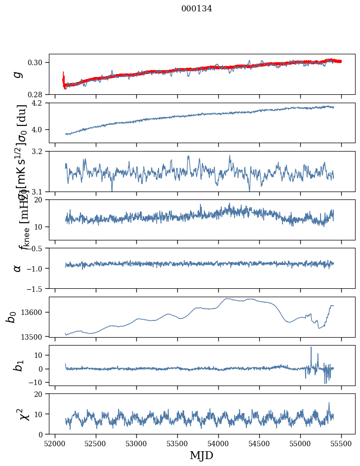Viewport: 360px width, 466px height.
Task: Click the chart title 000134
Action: (x=197, y=8)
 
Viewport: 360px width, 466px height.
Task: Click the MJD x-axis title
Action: (x=201, y=455)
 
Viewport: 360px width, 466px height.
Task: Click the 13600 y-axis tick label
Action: (x=34, y=312)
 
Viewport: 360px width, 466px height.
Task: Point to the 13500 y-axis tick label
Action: (x=34, y=337)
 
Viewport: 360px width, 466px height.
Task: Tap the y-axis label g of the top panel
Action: (x=18, y=74)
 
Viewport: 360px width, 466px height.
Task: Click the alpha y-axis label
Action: (x=18, y=268)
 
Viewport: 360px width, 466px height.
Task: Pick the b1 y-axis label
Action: (x=18, y=365)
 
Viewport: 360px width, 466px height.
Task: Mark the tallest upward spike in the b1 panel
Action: (x=311, y=348)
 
